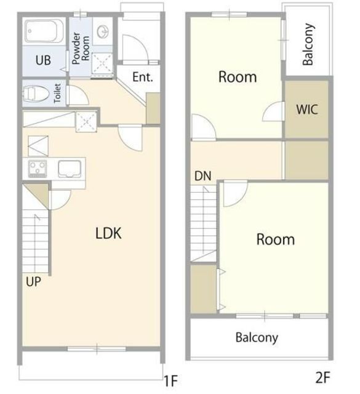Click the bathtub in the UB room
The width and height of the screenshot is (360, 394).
click(44, 31)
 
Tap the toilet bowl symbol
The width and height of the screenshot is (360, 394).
click(36, 93)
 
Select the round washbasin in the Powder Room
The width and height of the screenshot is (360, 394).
click(103, 31)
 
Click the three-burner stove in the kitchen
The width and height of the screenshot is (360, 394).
click(38, 168)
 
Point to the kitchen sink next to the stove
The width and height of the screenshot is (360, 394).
click(70, 169)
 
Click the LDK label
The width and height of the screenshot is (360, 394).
click(108, 233)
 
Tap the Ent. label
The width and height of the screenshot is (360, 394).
click(142, 77)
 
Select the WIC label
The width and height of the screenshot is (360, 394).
click(306, 110)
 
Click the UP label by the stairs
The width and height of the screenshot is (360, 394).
click(33, 282)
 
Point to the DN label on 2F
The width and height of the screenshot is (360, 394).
click(202, 176)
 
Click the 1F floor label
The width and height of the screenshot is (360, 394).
click(171, 380)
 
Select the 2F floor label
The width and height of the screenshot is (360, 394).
click(322, 377)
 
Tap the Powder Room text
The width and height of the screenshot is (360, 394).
click(81, 48)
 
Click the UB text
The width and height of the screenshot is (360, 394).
click(43, 60)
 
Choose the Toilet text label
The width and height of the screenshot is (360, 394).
click(57, 93)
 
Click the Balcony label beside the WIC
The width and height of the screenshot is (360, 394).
click(308, 44)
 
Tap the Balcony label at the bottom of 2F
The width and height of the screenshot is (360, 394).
click(257, 337)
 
